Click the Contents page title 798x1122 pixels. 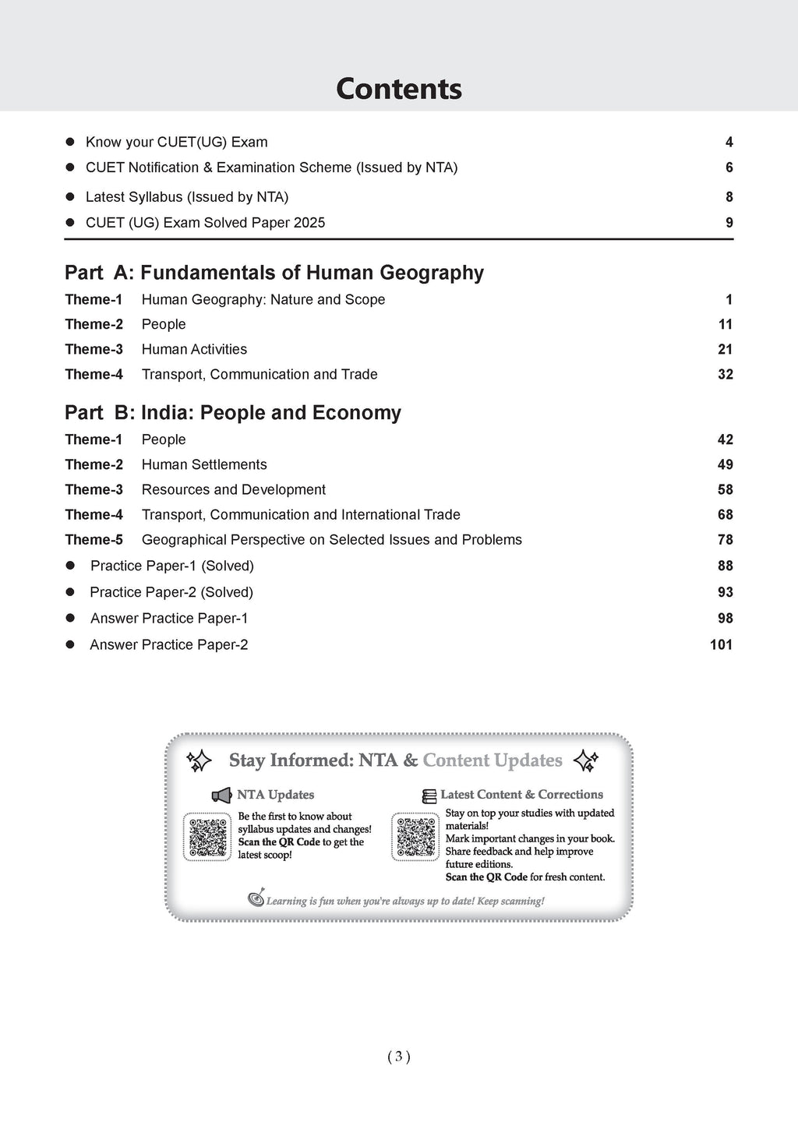(x=398, y=89)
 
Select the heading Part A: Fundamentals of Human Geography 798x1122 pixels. (x=274, y=273)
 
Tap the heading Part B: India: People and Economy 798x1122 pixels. (x=233, y=413)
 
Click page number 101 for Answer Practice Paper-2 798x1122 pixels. (x=722, y=644)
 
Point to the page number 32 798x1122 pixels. (x=726, y=374)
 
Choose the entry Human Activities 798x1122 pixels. (x=194, y=349)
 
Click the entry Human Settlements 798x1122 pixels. (x=204, y=464)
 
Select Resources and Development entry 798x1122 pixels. (x=234, y=489)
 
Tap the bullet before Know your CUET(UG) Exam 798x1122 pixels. (x=69, y=142)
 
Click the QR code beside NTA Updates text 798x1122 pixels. (x=207, y=837)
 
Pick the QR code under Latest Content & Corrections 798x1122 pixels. (x=415, y=837)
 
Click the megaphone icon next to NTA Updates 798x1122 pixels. (x=222, y=795)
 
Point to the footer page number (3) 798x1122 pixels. (x=398, y=1057)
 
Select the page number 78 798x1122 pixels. (x=726, y=539)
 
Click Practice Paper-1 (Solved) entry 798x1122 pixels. (x=172, y=566)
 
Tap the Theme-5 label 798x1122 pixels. (x=94, y=539)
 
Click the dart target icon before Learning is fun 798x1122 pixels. (x=256, y=899)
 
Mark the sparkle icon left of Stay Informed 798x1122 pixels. (x=199, y=760)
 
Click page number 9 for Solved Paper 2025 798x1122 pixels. (x=729, y=223)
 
